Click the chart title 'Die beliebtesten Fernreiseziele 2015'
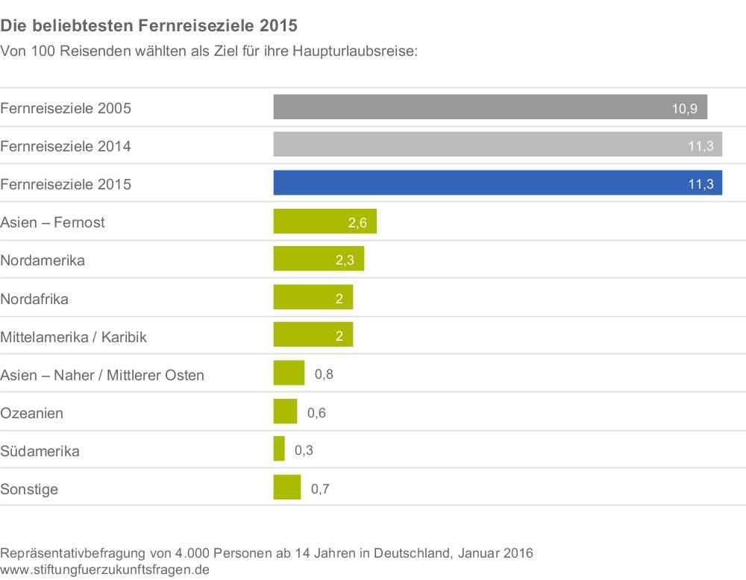pos(149,26)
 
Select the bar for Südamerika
pos(279,450)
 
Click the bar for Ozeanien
pos(285,412)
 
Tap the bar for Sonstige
pos(286,488)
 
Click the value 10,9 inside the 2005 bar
pos(684,109)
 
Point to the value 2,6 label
pos(357,223)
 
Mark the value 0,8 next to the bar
pos(324,374)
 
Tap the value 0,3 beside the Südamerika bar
pos(304,450)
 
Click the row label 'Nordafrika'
pos(35,300)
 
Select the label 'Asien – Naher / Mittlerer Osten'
pos(102,375)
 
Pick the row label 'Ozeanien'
pos(32,413)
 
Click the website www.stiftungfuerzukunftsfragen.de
pos(105,570)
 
